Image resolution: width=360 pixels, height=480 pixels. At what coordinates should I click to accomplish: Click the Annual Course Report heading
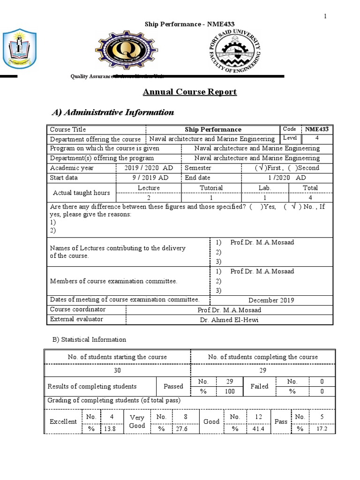point(190,92)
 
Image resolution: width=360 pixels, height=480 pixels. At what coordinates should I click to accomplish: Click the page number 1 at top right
point(324,17)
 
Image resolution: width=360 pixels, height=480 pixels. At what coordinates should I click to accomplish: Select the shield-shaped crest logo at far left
point(16,49)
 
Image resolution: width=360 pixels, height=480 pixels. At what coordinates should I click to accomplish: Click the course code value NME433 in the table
point(317,129)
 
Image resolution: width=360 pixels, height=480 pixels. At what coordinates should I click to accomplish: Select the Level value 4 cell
point(317,139)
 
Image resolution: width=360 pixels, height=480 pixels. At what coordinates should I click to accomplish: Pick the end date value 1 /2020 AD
point(287,178)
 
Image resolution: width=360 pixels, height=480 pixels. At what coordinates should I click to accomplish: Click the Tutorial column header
point(211,188)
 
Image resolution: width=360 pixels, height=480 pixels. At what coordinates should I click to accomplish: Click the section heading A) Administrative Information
point(112,112)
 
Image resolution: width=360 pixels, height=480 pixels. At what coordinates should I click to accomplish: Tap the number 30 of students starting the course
point(117,370)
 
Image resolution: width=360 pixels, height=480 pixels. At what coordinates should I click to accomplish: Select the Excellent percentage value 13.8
point(108,429)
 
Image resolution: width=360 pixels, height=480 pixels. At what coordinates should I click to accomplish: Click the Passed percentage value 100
point(230,391)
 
